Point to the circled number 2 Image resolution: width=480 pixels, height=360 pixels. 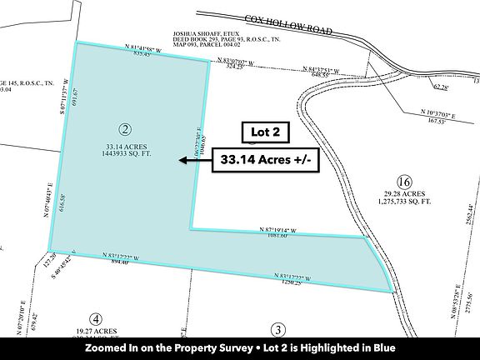point(125,129)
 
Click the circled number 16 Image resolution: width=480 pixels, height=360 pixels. point(405,182)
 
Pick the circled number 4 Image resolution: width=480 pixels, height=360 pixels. point(96,319)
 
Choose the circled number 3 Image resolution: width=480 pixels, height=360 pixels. point(278,328)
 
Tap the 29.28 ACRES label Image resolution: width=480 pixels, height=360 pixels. point(404,195)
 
